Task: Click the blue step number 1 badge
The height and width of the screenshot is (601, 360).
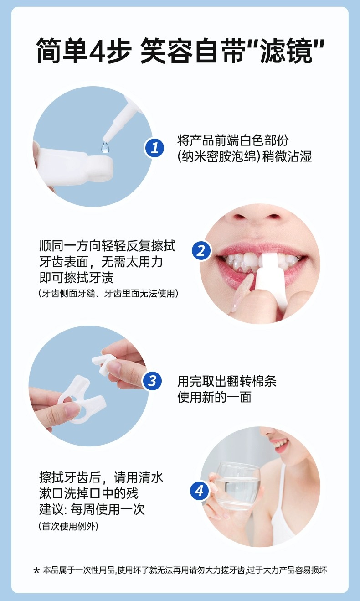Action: pos(154,148)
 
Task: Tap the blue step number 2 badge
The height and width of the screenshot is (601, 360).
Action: pos(201,251)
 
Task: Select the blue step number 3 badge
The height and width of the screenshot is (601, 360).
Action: pos(152,381)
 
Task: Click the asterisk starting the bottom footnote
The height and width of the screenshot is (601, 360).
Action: pos(36,570)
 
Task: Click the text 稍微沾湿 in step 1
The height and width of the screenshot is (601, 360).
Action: pos(287,156)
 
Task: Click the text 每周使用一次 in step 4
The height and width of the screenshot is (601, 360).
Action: pos(108,509)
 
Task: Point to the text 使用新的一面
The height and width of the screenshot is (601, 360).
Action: pos(214,397)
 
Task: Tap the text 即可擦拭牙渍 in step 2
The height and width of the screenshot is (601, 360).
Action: pos(77,277)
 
